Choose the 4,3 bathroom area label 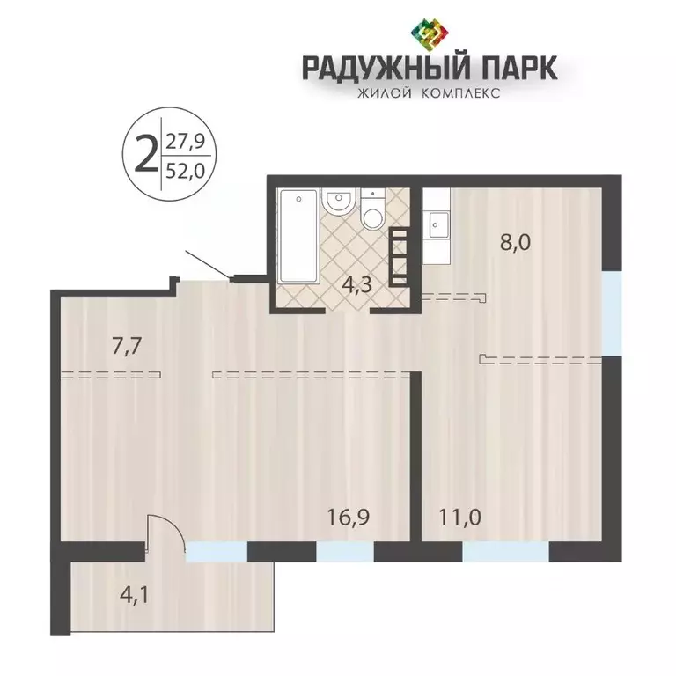(x=357, y=285)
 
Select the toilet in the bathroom (x=373, y=212)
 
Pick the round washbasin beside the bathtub (x=337, y=202)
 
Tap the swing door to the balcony (x=165, y=533)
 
